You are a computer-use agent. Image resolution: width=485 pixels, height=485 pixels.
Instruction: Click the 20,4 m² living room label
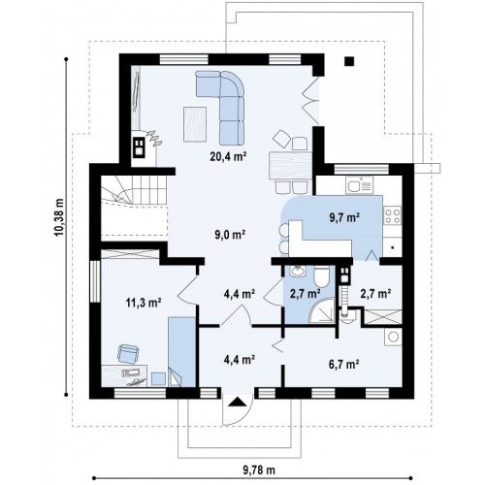coord(229,157)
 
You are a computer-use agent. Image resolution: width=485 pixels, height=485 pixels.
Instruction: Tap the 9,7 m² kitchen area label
coord(344,217)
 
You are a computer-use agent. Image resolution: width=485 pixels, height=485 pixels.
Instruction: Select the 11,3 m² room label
coord(144,303)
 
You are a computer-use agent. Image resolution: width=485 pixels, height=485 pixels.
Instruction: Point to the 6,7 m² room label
coord(344,365)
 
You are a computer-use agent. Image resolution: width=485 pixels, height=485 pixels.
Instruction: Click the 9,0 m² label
coord(230,235)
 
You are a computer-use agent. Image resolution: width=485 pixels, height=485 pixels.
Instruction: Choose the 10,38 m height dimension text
coord(59,217)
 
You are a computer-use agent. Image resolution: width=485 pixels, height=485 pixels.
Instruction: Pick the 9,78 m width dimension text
coord(259,469)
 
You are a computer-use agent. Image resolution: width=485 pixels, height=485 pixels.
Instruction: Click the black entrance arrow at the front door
coord(238,402)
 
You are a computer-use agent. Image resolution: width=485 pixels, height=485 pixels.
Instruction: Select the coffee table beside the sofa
coord(195,124)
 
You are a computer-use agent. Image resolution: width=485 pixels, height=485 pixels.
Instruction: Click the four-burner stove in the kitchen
coord(393,215)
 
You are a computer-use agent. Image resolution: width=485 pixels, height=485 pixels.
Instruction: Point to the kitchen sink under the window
coord(359,185)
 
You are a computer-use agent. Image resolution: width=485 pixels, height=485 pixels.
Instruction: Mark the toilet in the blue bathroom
coord(322,275)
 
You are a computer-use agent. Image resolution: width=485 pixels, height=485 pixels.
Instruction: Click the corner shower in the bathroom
coord(322,310)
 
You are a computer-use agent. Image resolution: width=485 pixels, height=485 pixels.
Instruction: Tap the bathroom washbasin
coord(298,271)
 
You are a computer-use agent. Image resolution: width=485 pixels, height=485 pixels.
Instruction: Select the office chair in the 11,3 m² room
coord(128,353)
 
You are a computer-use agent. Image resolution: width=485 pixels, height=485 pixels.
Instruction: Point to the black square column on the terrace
coord(349,61)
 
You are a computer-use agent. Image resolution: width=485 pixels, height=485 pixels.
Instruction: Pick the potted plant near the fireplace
coord(154,138)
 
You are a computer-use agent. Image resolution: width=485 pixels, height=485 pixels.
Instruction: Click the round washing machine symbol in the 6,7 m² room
coord(393,337)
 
